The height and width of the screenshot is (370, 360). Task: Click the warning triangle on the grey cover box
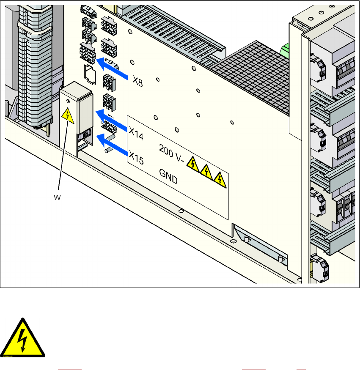click(x=68, y=115)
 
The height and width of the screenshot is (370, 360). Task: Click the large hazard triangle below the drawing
click(x=24, y=337)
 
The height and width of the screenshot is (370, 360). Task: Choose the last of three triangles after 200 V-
click(x=219, y=179)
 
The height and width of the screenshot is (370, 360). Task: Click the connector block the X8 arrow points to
click(x=87, y=53)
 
